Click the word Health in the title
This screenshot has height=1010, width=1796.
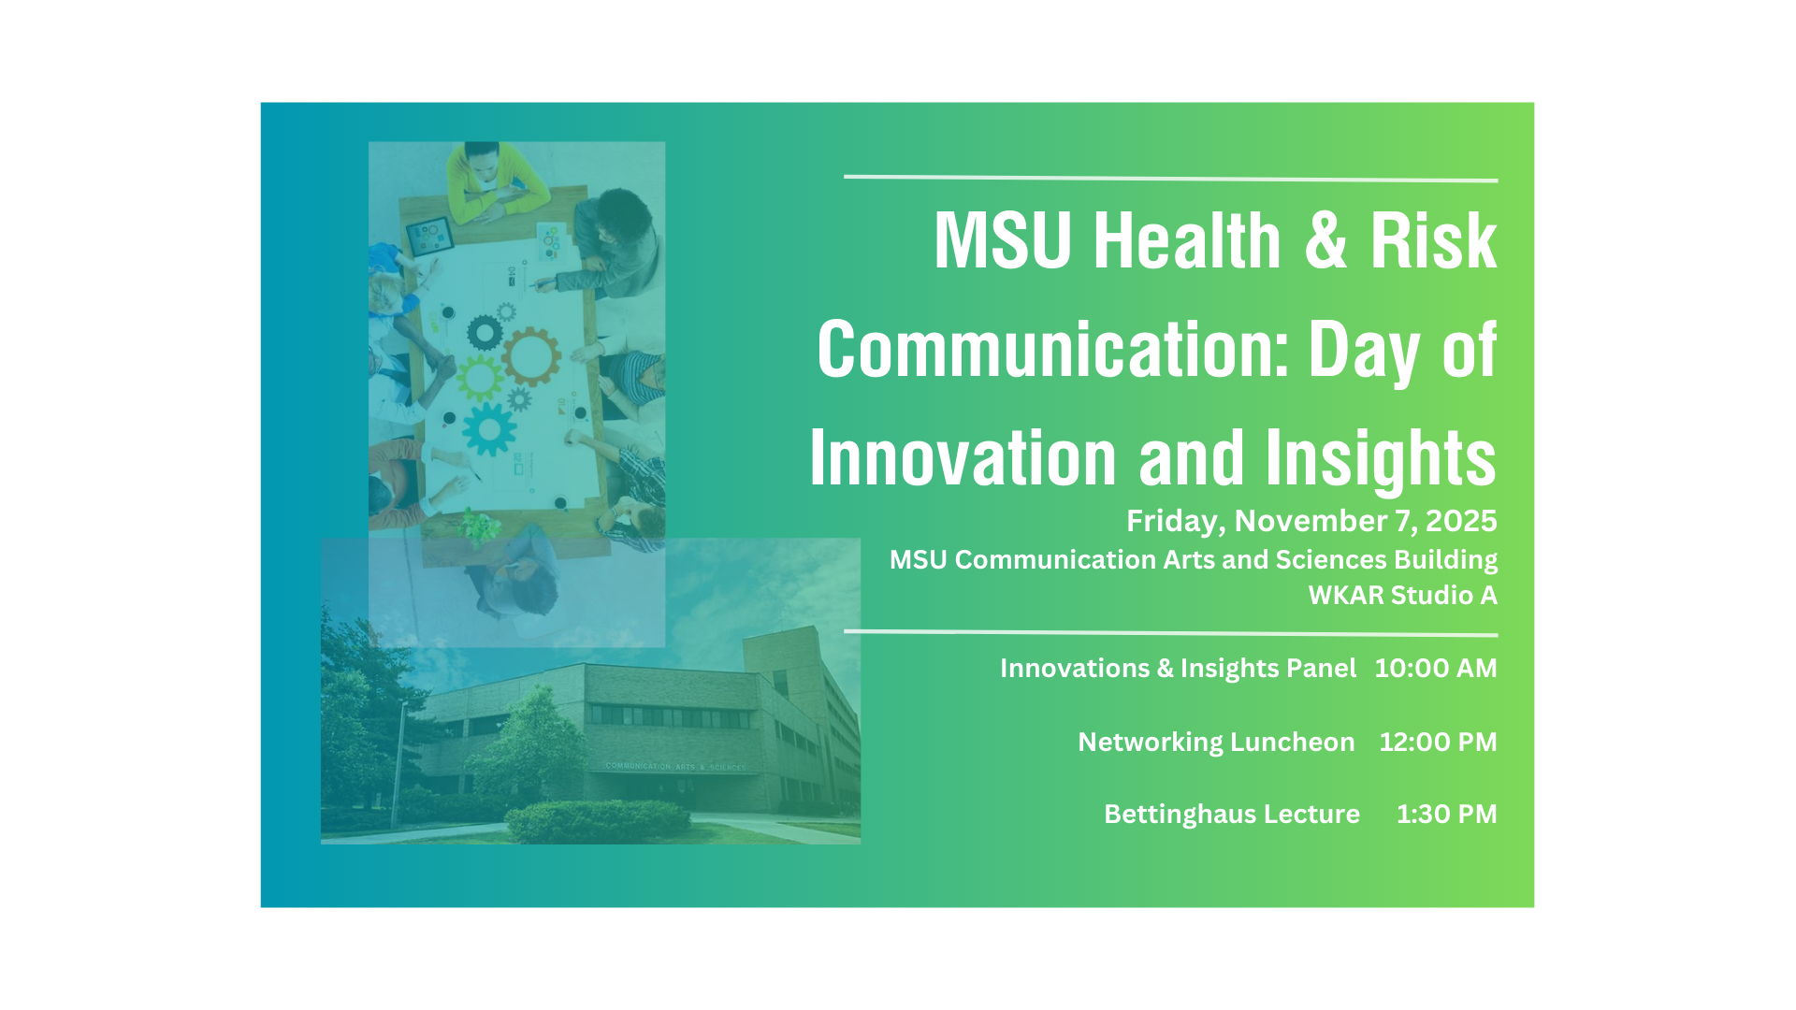(x=1187, y=241)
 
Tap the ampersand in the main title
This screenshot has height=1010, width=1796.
(x=1325, y=241)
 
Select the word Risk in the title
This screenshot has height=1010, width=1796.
(x=1433, y=241)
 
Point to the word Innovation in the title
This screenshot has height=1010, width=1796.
(x=963, y=458)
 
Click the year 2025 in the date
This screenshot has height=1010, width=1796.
(x=1461, y=521)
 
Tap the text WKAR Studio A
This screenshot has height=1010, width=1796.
(x=1402, y=595)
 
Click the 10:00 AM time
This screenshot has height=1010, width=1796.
(x=1435, y=668)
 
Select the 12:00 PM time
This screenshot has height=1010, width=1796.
(x=1438, y=742)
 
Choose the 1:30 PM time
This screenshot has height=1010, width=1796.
(x=1446, y=814)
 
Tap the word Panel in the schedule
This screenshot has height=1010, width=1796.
(x=1321, y=668)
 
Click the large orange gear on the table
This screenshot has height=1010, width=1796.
(x=531, y=356)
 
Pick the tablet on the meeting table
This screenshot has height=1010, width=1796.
(x=429, y=236)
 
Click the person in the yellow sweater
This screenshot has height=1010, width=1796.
(x=495, y=180)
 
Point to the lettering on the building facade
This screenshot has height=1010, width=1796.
(x=675, y=767)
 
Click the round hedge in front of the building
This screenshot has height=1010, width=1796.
(x=598, y=821)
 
